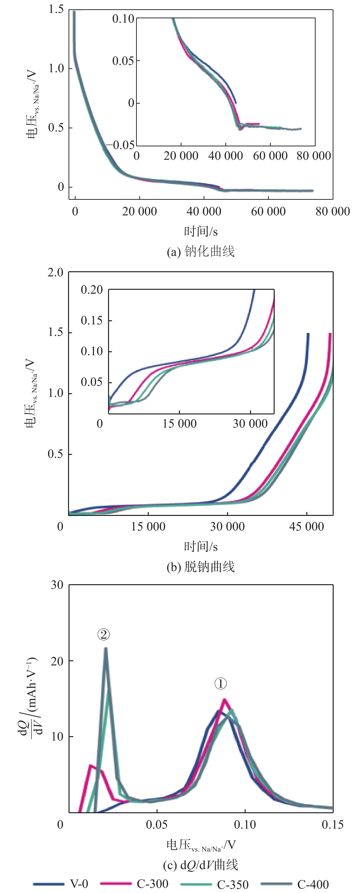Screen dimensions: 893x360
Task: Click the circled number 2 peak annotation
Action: [103, 634]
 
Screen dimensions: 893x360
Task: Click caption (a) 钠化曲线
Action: [201, 251]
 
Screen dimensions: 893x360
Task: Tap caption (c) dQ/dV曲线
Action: [201, 865]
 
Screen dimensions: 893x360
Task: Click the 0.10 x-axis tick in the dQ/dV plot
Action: [245, 824]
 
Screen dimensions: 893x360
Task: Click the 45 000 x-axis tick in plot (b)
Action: [307, 527]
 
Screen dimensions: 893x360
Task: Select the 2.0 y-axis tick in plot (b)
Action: [55, 272]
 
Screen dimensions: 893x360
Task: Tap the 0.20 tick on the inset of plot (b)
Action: [92, 290]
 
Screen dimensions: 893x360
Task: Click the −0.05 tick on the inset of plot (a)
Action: [120, 145]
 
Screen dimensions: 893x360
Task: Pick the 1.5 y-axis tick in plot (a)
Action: [56, 9]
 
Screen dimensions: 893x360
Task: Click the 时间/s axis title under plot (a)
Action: [201, 231]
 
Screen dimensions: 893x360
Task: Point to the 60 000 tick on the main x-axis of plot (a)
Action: [268, 211]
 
